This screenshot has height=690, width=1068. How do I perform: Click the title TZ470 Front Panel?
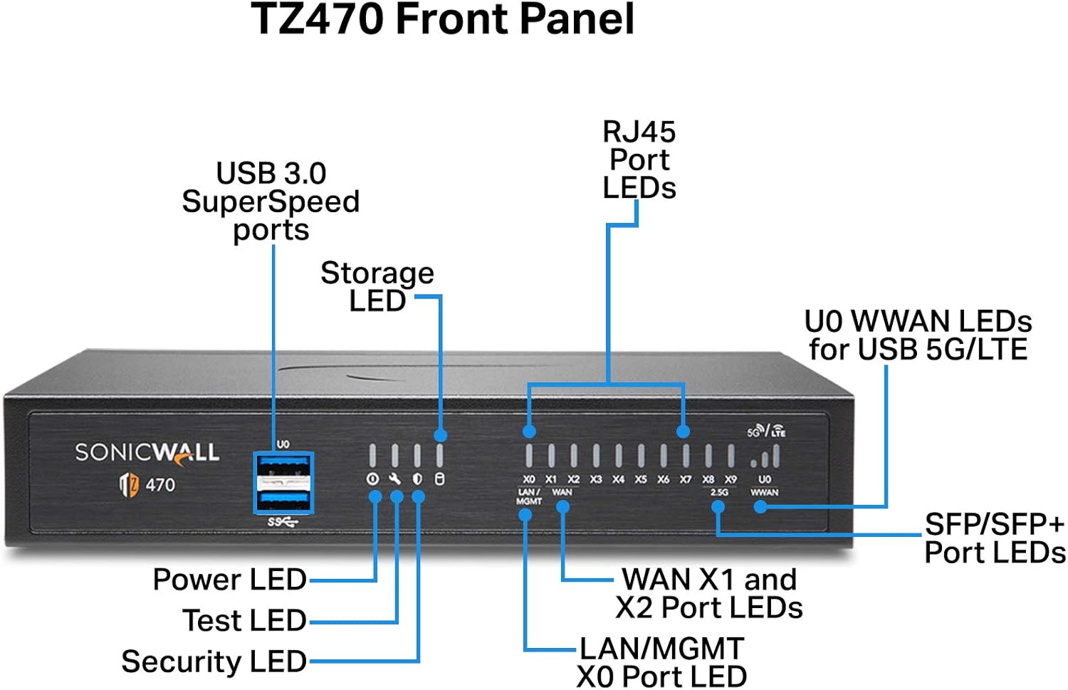(443, 19)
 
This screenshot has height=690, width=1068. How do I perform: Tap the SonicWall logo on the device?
(147, 453)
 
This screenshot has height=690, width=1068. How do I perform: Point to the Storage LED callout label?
(377, 286)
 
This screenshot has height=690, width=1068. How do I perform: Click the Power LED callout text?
(229, 580)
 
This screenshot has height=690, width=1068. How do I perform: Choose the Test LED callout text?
(244, 620)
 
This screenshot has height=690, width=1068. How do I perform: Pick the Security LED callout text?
(214, 662)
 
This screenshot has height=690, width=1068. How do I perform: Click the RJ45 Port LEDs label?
(639, 160)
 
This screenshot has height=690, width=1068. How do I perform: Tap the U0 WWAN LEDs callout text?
(918, 335)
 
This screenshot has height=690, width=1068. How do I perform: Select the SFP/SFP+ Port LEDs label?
(994, 538)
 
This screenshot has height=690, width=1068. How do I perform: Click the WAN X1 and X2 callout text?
(709, 593)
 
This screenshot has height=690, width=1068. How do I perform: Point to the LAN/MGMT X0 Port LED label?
(661, 662)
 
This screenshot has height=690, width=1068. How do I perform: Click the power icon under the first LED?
(372, 479)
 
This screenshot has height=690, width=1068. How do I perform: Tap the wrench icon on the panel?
(394, 479)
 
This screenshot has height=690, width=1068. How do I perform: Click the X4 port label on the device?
(618, 480)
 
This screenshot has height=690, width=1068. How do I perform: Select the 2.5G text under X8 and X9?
(719, 492)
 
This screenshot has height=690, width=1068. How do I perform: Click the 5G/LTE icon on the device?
(766, 431)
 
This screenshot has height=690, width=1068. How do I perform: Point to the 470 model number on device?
(159, 485)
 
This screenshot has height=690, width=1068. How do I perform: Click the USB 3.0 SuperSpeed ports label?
(271, 202)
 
